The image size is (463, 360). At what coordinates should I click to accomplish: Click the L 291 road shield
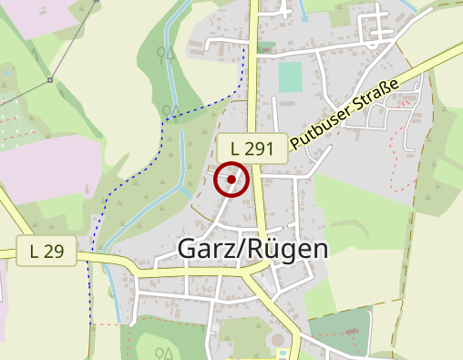pyautogui.click(x=252, y=147)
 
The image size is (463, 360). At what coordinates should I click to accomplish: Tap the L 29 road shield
pyautogui.click(x=46, y=251)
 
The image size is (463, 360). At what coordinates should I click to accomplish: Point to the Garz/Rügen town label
pyautogui.click(x=252, y=248)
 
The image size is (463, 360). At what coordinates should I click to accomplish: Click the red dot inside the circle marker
pyautogui.click(x=231, y=180)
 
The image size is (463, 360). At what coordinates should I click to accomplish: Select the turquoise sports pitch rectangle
pyautogui.click(x=290, y=77)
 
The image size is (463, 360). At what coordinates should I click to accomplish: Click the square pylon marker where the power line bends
pyautogui.click(x=49, y=80)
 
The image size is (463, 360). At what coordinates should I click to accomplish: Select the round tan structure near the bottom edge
pyautogui.click(x=277, y=341)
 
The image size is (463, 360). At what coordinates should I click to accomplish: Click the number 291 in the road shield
pyautogui.click(x=260, y=147)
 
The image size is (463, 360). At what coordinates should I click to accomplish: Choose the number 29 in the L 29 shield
pyautogui.click(x=54, y=251)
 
